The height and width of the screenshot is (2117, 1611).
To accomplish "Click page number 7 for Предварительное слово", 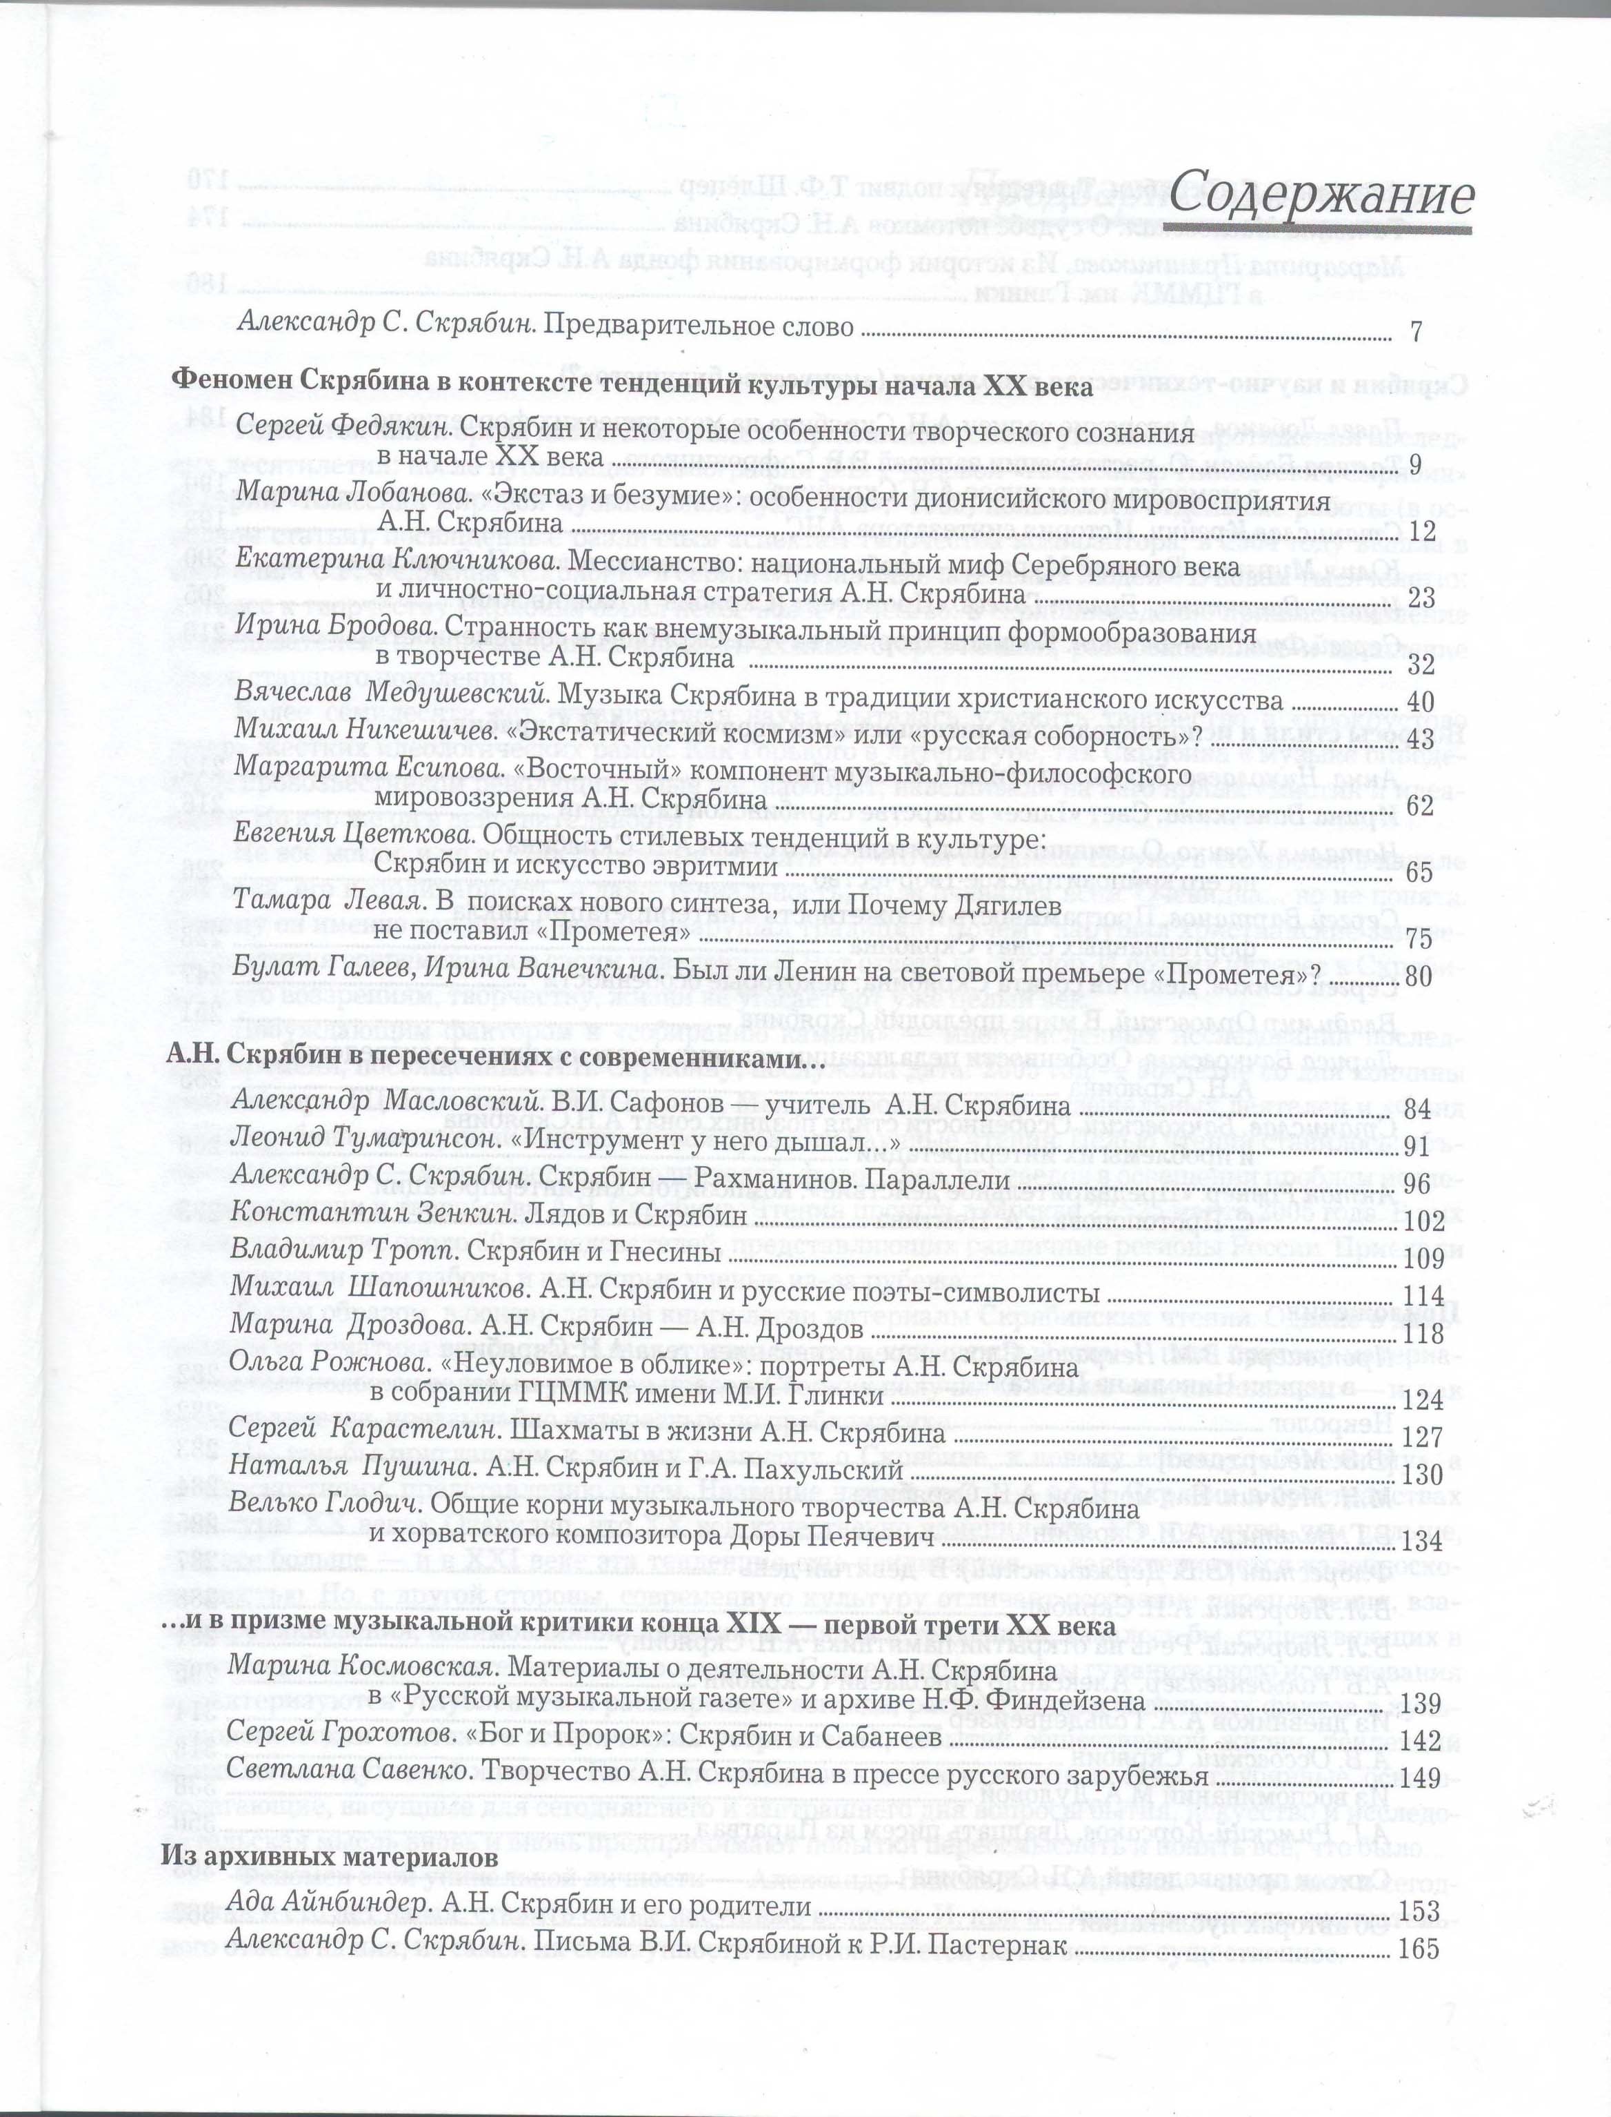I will pyautogui.click(x=1417, y=332).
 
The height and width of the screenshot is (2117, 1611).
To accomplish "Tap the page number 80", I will pyautogui.click(x=1419, y=976).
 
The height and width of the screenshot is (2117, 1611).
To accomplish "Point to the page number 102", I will pyautogui.click(x=1422, y=1221).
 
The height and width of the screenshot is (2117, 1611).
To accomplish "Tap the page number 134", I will pyautogui.click(x=1422, y=1542).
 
